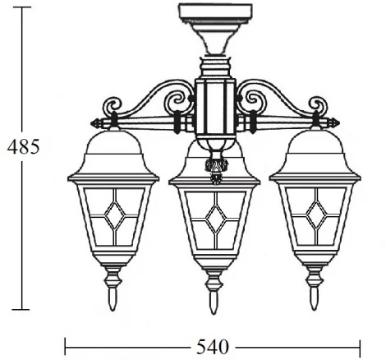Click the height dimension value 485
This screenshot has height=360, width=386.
[22, 146]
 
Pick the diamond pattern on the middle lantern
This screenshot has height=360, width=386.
[215, 217]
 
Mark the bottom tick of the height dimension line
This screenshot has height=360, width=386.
[22, 309]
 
